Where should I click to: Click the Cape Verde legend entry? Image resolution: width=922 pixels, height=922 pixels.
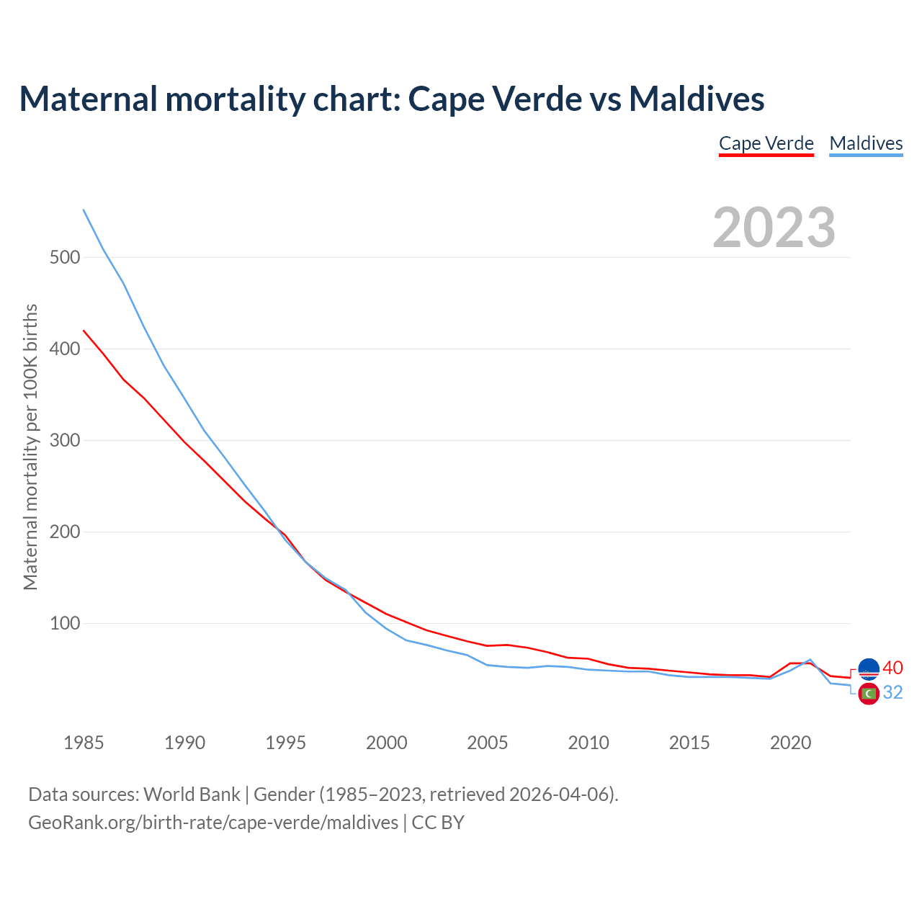pyautogui.click(x=766, y=143)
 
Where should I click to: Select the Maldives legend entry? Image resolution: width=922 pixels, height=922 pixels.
pyautogui.click(x=866, y=143)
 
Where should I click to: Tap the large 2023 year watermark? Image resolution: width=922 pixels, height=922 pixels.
pyautogui.click(x=774, y=228)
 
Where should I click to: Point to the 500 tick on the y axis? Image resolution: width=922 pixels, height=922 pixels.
pyautogui.click(x=65, y=257)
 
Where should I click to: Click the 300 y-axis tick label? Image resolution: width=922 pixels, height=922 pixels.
pyautogui.click(x=65, y=440)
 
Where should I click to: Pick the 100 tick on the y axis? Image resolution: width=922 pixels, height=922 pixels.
pyautogui.click(x=65, y=623)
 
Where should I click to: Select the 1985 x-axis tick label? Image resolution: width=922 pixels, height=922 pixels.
pyautogui.click(x=84, y=743)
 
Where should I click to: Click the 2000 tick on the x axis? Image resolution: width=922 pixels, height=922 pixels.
pyautogui.click(x=387, y=743)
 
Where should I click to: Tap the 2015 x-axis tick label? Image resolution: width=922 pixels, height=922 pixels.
pyautogui.click(x=689, y=743)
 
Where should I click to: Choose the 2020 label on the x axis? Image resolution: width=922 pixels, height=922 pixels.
pyautogui.click(x=790, y=743)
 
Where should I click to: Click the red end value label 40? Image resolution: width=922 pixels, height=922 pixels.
pyautogui.click(x=892, y=668)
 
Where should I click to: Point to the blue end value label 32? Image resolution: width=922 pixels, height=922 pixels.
pyautogui.click(x=892, y=692)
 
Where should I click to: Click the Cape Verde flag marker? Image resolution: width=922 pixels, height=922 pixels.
pyautogui.click(x=869, y=669)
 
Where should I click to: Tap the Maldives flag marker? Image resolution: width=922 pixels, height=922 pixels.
pyautogui.click(x=869, y=694)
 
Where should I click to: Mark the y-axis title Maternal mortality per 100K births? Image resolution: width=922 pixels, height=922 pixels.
pyautogui.click(x=30, y=447)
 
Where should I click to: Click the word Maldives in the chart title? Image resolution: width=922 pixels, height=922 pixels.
pyautogui.click(x=697, y=99)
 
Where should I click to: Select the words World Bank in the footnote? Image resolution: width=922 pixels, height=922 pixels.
pyautogui.click(x=192, y=795)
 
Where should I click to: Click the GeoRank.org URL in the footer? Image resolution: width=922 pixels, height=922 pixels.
pyautogui.click(x=213, y=822)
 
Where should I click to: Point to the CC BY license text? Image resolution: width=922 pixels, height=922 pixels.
pyautogui.click(x=438, y=822)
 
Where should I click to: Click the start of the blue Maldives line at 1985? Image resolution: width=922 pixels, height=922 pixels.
pyautogui.click(x=84, y=210)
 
